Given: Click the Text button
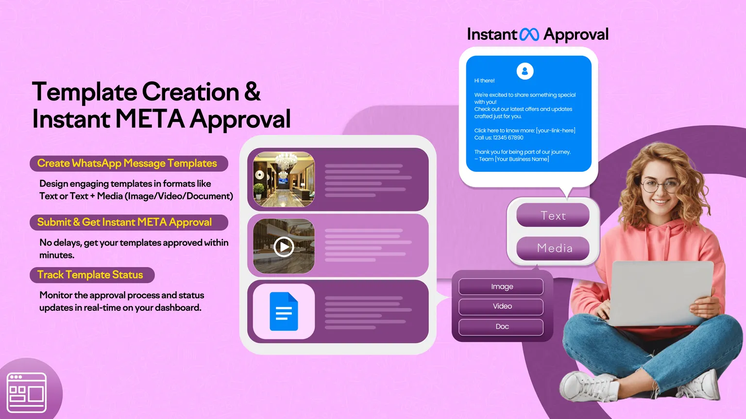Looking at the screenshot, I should [553, 216].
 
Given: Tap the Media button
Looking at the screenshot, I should [553, 248].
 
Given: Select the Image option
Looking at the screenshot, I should [501, 286].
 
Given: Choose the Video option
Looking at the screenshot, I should [501, 306].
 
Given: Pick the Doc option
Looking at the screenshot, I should [501, 327].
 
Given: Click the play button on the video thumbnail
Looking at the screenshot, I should [284, 247].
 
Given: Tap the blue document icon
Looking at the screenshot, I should [284, 312].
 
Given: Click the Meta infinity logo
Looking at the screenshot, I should [529, 34].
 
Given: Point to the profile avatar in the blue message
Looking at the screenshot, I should [525, 71].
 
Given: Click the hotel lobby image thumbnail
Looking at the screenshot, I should [284, 179].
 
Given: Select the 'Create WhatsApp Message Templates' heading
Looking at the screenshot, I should [127, 164].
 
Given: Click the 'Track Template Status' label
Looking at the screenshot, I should [90, 275].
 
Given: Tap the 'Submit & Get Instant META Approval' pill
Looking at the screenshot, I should [125, 222].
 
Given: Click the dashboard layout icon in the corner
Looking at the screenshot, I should [27, 392].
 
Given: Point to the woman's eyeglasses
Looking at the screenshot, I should [659, 185].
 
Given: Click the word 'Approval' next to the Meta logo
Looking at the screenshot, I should [576, 34].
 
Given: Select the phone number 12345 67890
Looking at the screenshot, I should [508, 138].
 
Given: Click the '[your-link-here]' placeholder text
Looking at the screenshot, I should [556, 131].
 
